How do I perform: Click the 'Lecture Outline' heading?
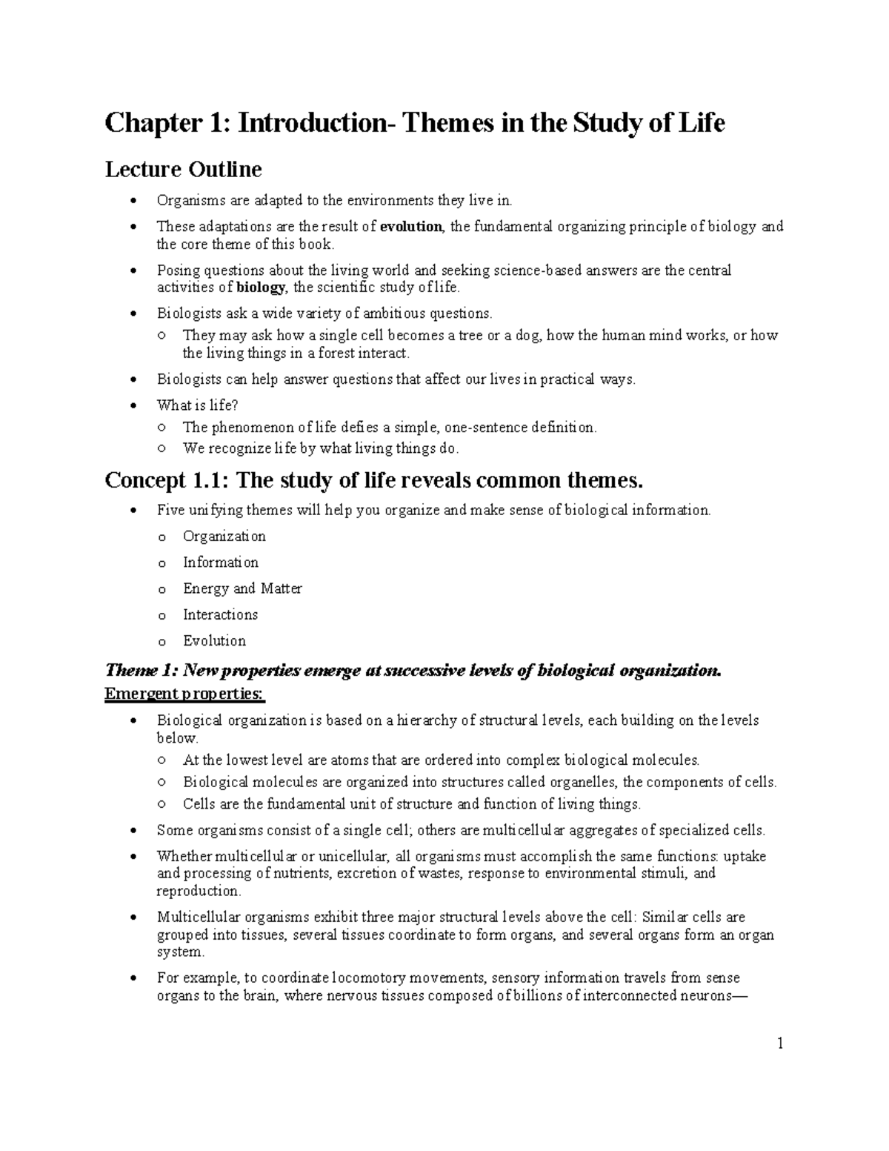tap(183, 170)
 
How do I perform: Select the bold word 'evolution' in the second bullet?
tap(410, 227)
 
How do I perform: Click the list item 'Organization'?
tap(224, 536)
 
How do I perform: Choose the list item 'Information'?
tap(221, 562)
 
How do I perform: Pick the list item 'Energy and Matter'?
tap(242, 588)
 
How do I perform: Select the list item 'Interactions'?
tap(220, 614)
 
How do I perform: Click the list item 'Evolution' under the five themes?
tap(214, 640)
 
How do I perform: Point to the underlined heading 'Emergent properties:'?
tap(184, 694)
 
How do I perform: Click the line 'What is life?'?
tap(197, 405)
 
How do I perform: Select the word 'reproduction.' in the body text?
tap(199, 891)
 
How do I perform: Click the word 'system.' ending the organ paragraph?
tap(179, 952)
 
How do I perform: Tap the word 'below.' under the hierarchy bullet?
tap(178, 738)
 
